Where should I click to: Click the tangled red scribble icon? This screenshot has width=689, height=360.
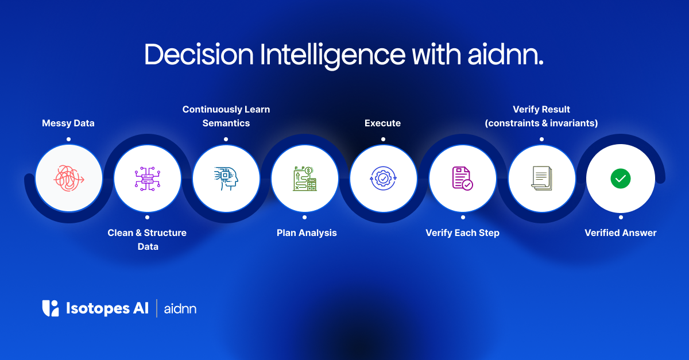click(x=69, y=178)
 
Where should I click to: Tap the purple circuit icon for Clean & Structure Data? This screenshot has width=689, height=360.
click(x=148, y=178)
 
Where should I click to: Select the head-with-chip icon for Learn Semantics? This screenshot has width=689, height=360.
click(x=226, y=178)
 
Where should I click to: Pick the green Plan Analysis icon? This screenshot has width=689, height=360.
click(x=305, y=178)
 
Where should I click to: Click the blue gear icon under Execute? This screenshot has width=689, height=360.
click(x=383, y=178)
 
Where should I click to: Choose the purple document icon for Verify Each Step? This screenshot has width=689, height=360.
click(x=462, y=178)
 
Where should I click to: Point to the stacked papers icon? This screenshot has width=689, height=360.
click(x=541, y=178)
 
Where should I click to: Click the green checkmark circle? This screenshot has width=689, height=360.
click(x=620, y=179)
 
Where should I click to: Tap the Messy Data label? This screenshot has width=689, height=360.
click(x=68, y=123)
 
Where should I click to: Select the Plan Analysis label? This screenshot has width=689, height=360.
click(x=307, y=233)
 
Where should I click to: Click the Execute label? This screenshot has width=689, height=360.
click(x=382, y=123)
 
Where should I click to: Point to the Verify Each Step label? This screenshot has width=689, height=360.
click(x=462, y=233)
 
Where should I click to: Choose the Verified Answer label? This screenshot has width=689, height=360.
click(x=620, y=233)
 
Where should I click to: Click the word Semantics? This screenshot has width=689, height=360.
click(x=226, y=123)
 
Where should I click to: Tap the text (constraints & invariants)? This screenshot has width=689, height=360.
click(x=541, y=123)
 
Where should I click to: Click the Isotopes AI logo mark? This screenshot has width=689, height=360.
click(x=51, y=308)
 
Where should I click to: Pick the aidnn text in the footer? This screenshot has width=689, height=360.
click(x=180, y=309)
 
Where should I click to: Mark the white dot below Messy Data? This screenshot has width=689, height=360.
click(x=68, y=139)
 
